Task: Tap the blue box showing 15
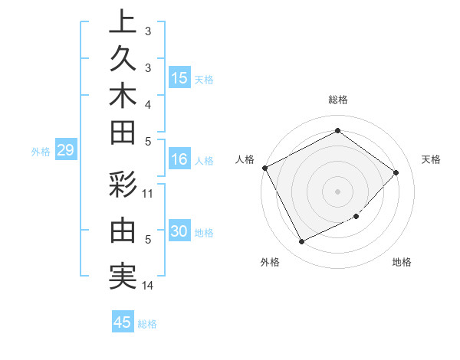179,77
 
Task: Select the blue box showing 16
179,159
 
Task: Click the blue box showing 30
179,232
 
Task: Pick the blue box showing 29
65,151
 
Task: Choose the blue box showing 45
123,322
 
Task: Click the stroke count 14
148,286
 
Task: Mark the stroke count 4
148,104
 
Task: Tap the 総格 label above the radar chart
337,100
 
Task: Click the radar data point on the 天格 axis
396,172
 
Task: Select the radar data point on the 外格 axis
301,242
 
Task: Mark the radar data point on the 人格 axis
264,168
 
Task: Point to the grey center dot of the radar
337,191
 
